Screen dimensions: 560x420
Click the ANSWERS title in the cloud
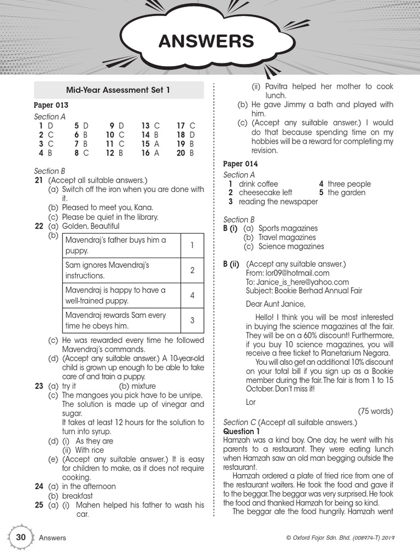tap(206, 41)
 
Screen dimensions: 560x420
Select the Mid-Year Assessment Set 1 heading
tap(118, 90)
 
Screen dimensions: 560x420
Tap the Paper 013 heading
tap(51, 105)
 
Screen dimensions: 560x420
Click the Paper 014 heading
tap(240, 164)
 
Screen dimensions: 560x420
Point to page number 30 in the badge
tap(21, 537)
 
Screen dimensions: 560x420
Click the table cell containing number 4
tap(192, 295)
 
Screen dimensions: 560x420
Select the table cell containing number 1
tap(192, 245)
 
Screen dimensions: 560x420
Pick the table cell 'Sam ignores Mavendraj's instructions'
tap(121, 270)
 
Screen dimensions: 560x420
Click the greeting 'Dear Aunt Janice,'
tap(276, 304)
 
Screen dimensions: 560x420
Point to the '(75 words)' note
tap(375, 411)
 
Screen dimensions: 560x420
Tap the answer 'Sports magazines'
tap(288, 228)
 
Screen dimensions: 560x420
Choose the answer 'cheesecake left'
tap(265, 192)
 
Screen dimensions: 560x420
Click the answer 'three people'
tap(349, 184)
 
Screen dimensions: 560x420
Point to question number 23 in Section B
tap(39, 386)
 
